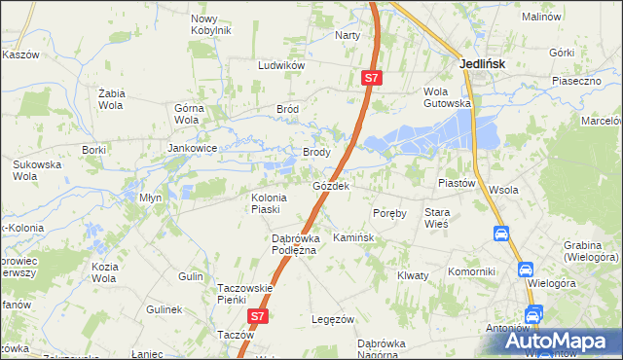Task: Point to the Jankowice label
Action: tap(191, 149)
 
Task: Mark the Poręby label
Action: tap(389, 213)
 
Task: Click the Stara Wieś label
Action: tap(436, 217)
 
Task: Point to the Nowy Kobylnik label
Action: tap(211, 24)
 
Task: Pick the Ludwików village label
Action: tap(281, 65)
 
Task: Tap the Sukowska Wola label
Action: tap(37, 171)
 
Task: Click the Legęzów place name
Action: tap(331, 319)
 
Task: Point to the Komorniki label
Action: tap(472, 271)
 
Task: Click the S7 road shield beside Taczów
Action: tap(257, 316)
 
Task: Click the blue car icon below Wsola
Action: tap(500, 234)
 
